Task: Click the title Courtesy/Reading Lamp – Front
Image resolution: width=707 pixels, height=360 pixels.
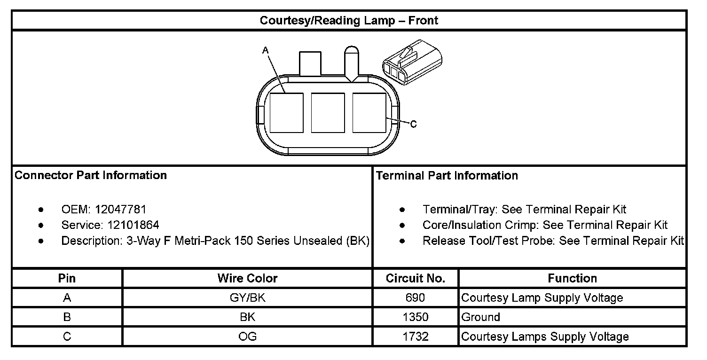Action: (x=349, y=21)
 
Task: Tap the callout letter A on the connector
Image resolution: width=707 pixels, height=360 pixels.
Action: (x=265, y=49)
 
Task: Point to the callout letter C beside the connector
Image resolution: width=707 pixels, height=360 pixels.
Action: (x=413, y=124)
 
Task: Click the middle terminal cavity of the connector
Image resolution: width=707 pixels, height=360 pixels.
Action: (x=328, y=112)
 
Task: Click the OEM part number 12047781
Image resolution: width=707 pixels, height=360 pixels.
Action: (x=121, y=209)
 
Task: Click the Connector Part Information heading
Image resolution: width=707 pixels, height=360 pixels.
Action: (x=91, y=175)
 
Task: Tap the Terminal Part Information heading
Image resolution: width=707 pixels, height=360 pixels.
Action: (x=447, y=175)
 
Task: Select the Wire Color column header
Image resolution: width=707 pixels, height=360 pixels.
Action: (x=247, y=278)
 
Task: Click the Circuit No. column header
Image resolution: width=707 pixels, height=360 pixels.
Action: (x=416, y=278)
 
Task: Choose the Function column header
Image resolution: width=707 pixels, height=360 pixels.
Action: (x=572, y=278)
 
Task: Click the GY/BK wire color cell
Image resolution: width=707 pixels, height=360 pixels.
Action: (x=247, y=297)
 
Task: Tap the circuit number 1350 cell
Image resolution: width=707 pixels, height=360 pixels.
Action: (x=416, y=317)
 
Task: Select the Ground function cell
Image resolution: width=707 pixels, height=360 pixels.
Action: (x=480, y=317)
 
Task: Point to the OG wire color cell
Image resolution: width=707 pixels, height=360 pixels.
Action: (x=247, y=337)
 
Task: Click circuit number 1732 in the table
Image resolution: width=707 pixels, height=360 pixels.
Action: (x=416, y=337)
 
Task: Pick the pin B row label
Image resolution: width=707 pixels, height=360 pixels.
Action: (x=67, y=317)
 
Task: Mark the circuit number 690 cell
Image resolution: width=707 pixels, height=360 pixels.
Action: (x=416, y=297)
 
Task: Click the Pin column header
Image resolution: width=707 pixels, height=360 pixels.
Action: (x=67, y=278)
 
